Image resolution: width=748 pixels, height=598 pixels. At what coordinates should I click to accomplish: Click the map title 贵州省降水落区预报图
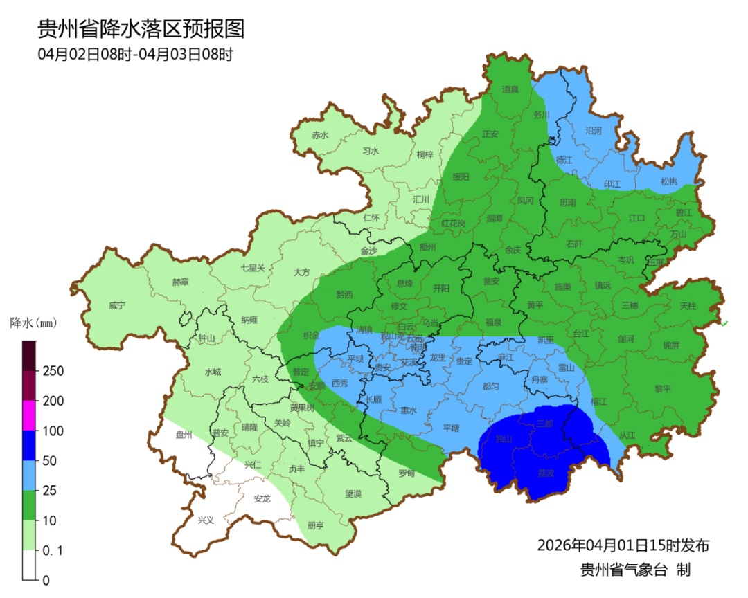pos(141,29)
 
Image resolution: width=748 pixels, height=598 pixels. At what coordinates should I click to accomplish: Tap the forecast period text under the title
pos(135,54)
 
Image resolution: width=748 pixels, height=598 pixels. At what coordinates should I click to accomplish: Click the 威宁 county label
pos(118,305)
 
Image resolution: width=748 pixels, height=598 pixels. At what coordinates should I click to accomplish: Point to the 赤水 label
pos(320,136)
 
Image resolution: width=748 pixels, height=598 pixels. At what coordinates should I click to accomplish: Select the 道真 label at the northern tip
pos(510,89)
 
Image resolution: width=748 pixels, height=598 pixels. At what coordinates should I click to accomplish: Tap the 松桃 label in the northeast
pos(668,182)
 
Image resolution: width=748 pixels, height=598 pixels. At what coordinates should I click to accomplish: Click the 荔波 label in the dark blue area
pos(546,473)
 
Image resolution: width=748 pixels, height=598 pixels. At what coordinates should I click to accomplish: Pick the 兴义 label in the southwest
pos(206,520)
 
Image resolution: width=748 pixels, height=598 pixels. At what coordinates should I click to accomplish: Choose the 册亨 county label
pos(315,525)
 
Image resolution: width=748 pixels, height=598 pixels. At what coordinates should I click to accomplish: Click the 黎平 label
pos(663,389)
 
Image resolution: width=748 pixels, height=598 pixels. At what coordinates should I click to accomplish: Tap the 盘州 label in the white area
pos(184,435)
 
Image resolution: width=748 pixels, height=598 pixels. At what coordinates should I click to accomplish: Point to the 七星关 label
pos(253,268)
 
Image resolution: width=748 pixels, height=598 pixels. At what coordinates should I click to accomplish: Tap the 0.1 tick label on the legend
pos(54,551)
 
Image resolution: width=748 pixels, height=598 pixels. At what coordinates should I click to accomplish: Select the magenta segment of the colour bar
pos(29,415)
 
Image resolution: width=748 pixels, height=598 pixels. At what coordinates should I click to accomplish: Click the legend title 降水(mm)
pos(33,323)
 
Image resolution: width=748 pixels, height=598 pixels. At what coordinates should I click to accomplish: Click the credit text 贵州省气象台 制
pos(635,570)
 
